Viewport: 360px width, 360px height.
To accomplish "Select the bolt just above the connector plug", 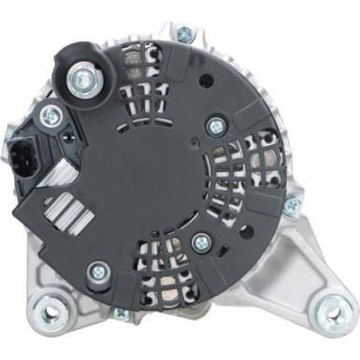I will click(51, 116).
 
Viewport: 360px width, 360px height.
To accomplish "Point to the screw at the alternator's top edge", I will click(183, 35).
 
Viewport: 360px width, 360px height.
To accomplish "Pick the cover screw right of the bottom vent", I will click(200, 241).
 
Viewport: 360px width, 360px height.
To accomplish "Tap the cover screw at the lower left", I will click(97, 272).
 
